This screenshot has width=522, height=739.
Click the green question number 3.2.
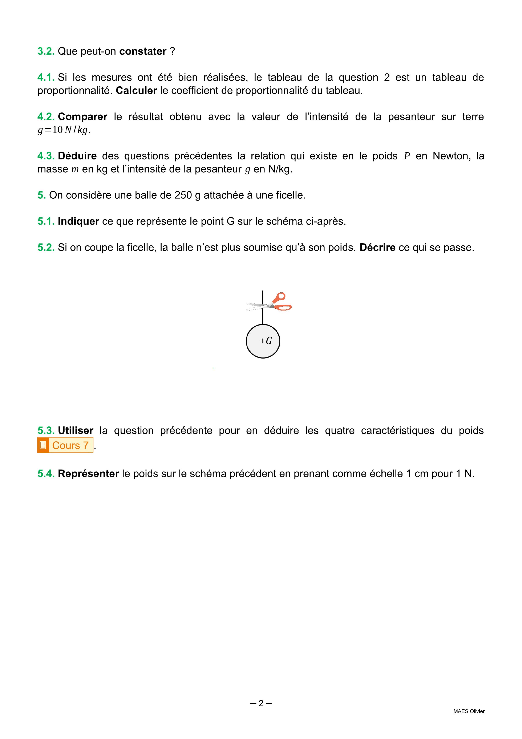[x=46, y=51]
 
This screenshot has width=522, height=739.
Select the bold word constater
[x=143, y=51]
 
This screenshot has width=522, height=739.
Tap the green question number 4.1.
[x=46, y=78]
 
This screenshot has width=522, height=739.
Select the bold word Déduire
[x=77, y=156]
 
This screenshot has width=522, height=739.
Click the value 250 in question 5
[x=183, y=195]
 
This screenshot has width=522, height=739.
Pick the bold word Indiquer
[x=78, y=221]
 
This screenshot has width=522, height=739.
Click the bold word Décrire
[x=377, y=248]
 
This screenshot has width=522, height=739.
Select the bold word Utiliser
[x=76, y=430]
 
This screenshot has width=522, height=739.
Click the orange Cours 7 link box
[x=70, y=445]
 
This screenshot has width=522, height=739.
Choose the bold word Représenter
[x=88, y=474]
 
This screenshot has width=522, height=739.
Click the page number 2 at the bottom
[x=261, y=703]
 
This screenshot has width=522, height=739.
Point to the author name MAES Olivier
[x=469, y=711]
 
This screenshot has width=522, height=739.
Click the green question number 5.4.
[x=46, y=474]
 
